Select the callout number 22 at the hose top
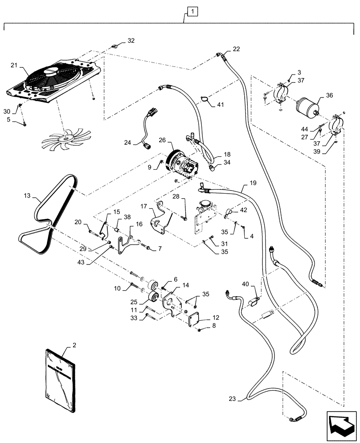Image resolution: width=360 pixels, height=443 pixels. click(x=236, y=49)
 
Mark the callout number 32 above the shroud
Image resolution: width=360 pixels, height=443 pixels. click(x=131, y=40)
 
